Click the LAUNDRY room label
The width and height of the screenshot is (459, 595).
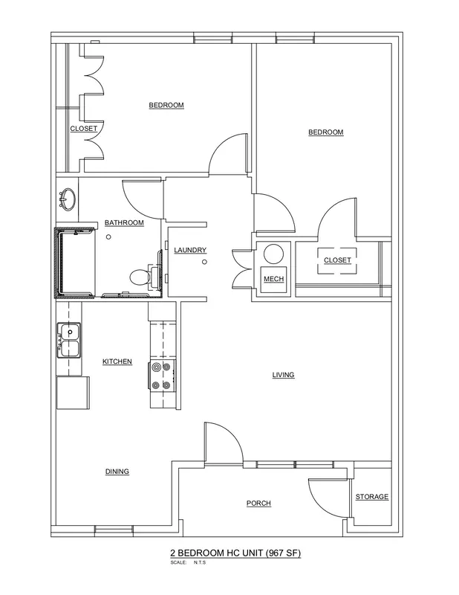(x=190, y=250)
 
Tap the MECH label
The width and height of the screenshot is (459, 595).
(x=273, y=279)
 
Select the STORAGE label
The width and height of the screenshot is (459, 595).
(x=372, y=497)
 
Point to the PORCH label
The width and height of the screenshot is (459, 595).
(x=259, y=504)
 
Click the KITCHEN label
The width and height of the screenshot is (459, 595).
(x=117, y=361)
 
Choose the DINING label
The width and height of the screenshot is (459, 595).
(x=117, y=472)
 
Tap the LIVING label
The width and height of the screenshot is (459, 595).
(x=284, y=375)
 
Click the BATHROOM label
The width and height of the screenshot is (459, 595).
(x=124, y=222)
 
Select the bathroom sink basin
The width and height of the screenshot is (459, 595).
(x=68, y=199)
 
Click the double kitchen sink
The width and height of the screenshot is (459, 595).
(x=69, y=341)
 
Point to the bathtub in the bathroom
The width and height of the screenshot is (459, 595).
(x=75, y=263)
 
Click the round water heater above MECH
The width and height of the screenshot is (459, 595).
(x=273, y=254)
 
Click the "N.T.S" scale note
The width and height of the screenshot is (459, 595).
(x=200, y=562)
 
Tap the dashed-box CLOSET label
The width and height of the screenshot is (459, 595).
(x=337, y=260)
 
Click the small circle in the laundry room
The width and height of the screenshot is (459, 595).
(x=205, y=262)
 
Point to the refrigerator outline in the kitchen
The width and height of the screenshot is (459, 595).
(x=73, y=393)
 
